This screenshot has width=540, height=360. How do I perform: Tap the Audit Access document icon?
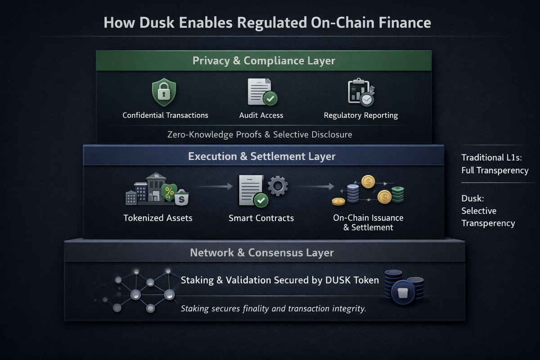[x=262, y=92]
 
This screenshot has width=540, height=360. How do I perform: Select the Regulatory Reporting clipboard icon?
[x=360, y=92]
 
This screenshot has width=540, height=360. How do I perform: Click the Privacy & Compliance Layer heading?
[x=264, y=61]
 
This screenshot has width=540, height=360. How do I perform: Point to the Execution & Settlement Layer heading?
[x=261, y=157]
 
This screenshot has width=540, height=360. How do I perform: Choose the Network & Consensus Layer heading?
[x=261, y=252]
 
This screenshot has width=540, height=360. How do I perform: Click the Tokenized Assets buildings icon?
[x=157, y=189]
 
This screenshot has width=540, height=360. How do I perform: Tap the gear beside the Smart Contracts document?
[x=278, y=185]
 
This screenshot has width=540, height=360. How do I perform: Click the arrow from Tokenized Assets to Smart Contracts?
[x=214, y=185]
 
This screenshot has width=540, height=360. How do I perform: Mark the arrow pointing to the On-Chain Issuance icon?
[x=315, y=185]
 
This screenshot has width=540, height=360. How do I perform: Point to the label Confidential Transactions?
[x=165, y=115]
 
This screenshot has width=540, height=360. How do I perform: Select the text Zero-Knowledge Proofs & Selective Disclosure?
[x=259, y=134]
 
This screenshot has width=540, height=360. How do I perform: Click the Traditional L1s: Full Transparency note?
[x=495, y=164]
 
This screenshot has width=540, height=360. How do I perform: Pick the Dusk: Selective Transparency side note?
[x=488, y=211]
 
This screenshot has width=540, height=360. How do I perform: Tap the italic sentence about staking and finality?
[x=273, y=309]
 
